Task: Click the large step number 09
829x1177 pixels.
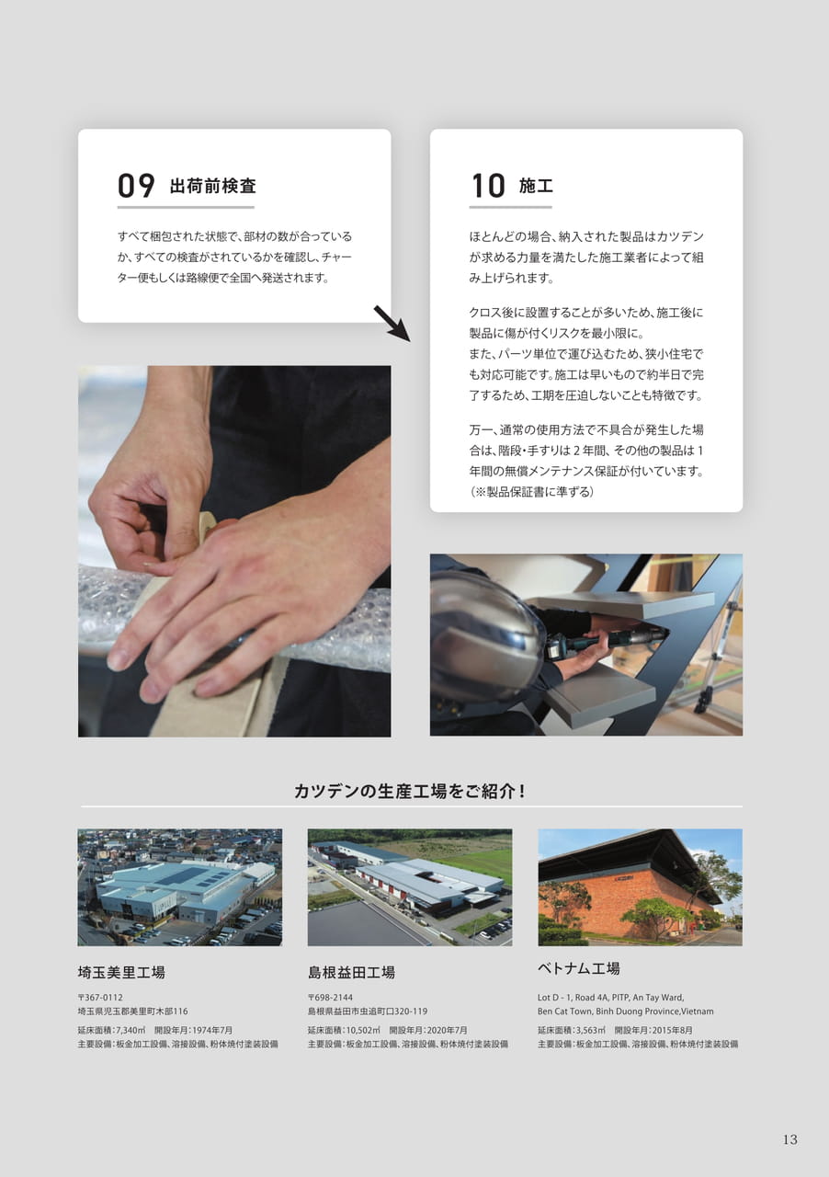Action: (136, 186)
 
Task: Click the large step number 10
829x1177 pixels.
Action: (488, 186)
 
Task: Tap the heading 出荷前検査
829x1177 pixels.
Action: (213, 186)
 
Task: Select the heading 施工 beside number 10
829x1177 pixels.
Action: (536, 186)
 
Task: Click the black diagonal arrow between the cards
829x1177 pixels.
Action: (392, 324)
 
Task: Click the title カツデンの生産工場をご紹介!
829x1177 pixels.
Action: (409, 792)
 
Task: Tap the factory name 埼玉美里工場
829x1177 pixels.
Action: (121, 973)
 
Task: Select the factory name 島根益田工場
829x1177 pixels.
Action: (351, 973)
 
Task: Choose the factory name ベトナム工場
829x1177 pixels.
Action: (578, 968)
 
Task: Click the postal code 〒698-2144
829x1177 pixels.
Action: (331, 998)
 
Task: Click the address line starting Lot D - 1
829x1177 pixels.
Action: (610, 998)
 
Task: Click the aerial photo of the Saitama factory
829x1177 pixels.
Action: (179, 887)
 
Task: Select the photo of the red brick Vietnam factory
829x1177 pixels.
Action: (640, 887)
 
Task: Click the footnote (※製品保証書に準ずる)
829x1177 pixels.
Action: (531, 492)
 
